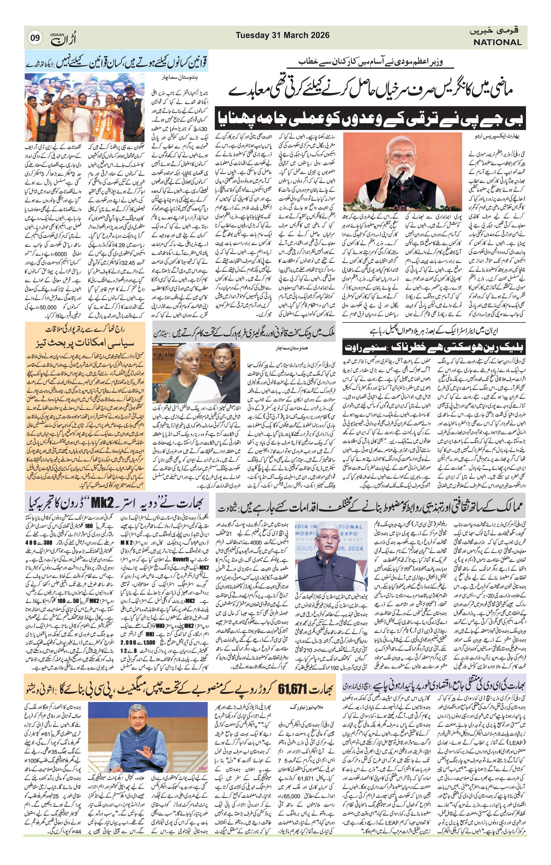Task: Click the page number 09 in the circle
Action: (x=35, y=38)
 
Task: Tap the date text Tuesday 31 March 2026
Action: (x=282, y=35)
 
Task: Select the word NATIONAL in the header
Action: (x=497, y=42)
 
